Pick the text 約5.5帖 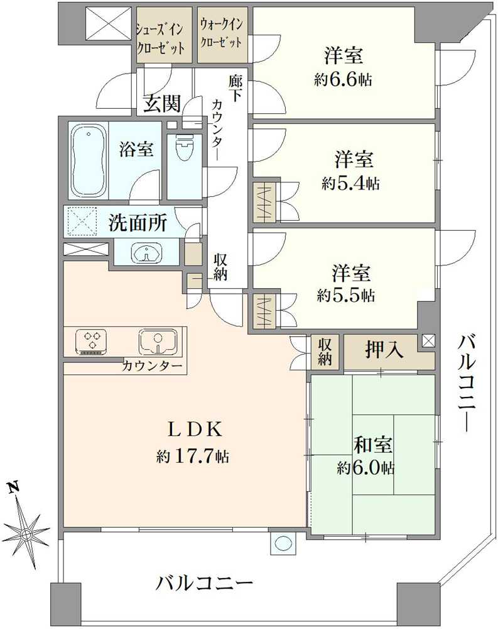coord(346,295)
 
